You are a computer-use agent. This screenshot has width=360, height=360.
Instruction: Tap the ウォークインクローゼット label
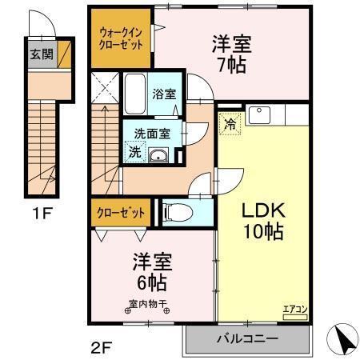[120, 38]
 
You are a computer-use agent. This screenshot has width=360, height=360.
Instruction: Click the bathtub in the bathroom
[134, 94]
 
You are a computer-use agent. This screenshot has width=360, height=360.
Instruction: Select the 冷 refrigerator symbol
[229, 124]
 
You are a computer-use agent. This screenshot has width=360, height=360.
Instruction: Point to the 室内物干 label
[146, 304]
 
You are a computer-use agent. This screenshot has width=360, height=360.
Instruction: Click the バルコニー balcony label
[249, 339]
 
